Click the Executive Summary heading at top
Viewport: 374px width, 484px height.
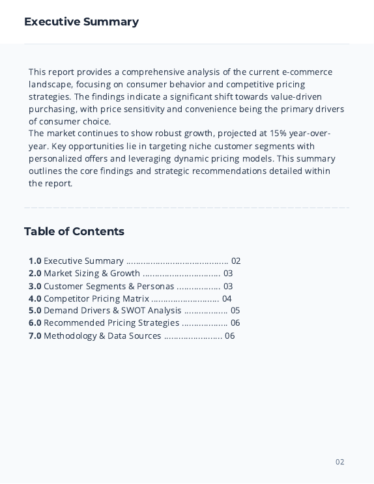pyautogui.click(x=81, y=22)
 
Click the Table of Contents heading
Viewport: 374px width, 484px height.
pyautogui.click(x=74, y=232)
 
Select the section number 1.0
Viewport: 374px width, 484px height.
pyautogui.click(x=35, y=261)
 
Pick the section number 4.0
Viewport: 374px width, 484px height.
pyautogui.click(x=35, y=299)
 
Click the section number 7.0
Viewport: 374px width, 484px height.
pyautogui.click(x=35, y=336)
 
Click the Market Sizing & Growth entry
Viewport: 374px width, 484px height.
pyautogui.click(x=92, y=274)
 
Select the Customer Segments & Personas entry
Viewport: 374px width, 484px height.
pyautogui.click(x=109, y=287)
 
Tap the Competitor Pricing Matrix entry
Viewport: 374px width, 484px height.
pyautogui.click(x=96, y=299)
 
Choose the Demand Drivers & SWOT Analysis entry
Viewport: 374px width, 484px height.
pyautogui.click(x=112, y=311)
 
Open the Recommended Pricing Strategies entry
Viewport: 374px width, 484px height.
pyautogui.click(x=111, y=323)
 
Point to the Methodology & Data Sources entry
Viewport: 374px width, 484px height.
pyautogui.click(x=102, y=336)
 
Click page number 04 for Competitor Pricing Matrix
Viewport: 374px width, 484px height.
pyautogui.click(x=227, y=299)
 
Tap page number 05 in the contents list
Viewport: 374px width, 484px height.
pyautogui.click(x=235, y=311)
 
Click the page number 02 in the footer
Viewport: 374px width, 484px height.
pyautogui.click(x=340, y=463)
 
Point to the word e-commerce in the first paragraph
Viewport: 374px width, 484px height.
pyautogui.click(x=307, y=72)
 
